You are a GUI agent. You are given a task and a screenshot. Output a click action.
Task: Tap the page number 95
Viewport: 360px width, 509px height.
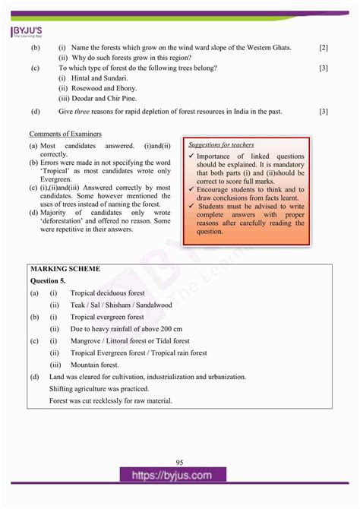point(179,463)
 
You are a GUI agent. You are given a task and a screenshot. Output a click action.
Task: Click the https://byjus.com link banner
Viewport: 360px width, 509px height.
point(180,476)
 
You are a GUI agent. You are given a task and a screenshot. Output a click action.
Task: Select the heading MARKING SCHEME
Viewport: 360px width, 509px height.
point(65,268)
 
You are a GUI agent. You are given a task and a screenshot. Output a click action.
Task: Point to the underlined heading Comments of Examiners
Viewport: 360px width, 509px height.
point(65,134)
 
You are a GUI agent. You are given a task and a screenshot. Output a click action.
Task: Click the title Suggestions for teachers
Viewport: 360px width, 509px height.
point(221,144)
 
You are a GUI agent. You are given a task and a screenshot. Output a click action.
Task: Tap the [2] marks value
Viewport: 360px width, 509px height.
point(324,48)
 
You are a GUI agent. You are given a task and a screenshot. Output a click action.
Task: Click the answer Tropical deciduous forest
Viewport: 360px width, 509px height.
point(111,292)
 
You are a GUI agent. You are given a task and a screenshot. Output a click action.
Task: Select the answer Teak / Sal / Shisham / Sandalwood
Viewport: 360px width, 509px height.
point(122,305)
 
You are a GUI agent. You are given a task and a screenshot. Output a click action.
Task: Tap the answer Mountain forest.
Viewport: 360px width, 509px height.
point(95,365)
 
